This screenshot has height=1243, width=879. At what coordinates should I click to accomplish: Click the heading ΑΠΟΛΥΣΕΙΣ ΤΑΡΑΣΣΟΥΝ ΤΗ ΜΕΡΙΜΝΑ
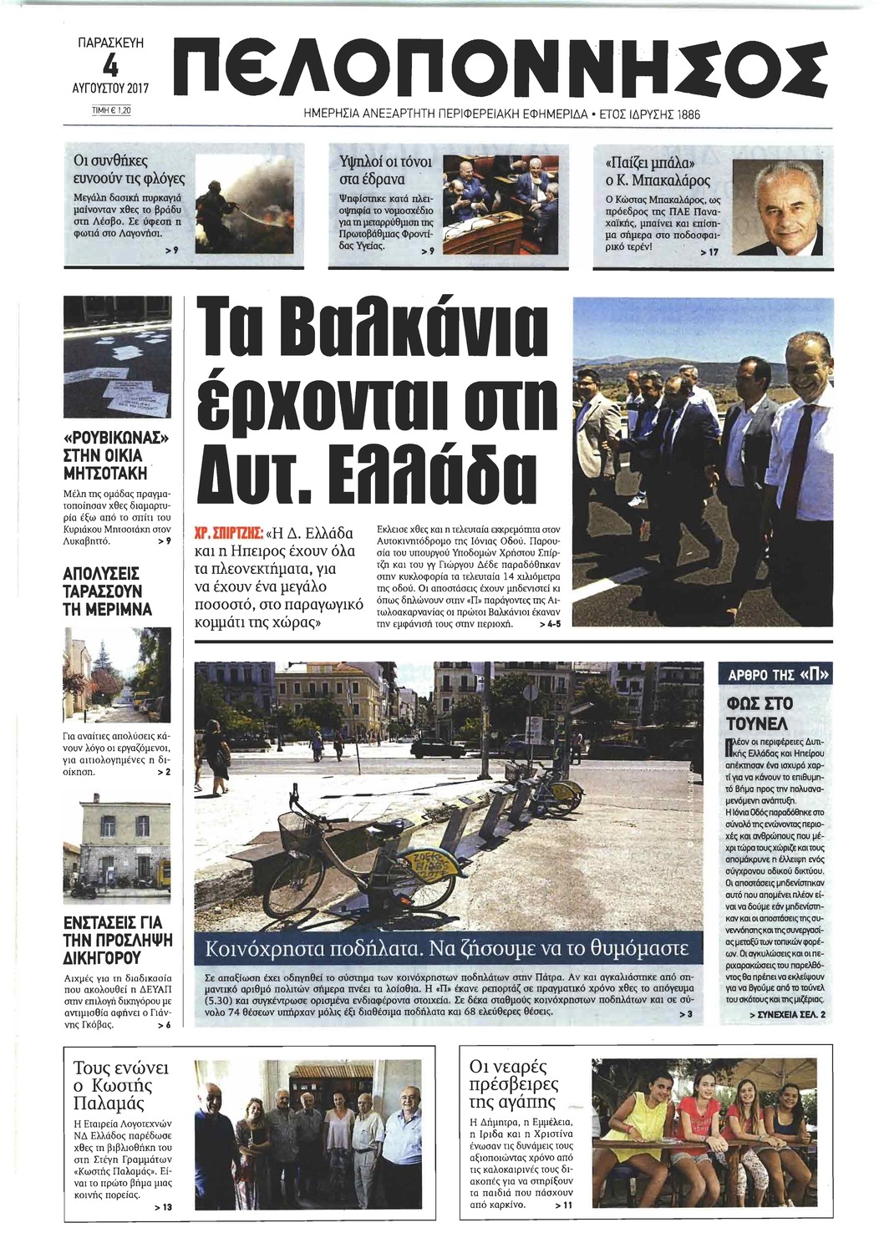tap(107, 591)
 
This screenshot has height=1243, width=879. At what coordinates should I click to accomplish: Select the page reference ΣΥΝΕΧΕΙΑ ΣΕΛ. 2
tap(775, 1014)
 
